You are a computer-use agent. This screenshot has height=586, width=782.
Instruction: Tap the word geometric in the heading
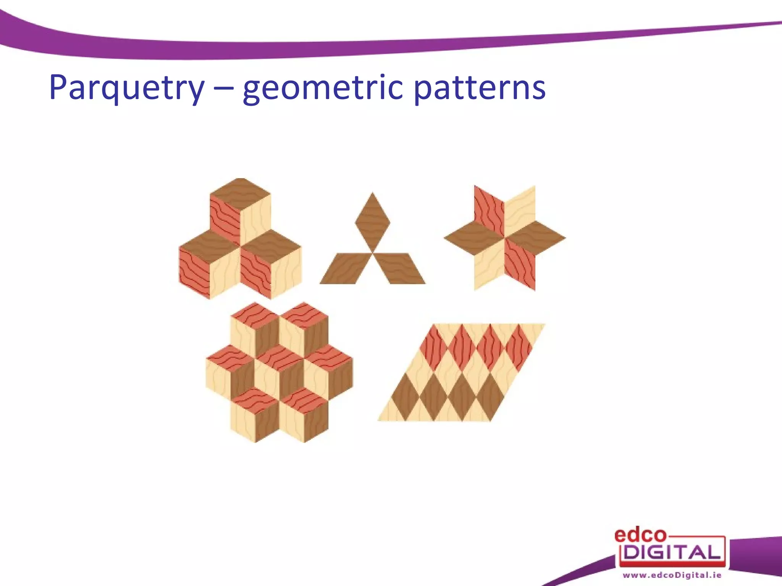pos(323,89)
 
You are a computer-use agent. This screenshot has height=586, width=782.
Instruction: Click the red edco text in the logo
pos(640,535)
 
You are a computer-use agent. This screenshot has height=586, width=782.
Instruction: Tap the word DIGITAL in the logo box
pos(672,552)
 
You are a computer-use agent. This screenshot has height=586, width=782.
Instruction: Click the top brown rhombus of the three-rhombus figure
pos(372,222)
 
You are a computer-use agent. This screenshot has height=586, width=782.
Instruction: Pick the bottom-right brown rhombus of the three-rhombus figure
pos(399,269)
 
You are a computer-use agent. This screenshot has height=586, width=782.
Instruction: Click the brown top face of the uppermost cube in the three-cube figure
pos(240,193)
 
